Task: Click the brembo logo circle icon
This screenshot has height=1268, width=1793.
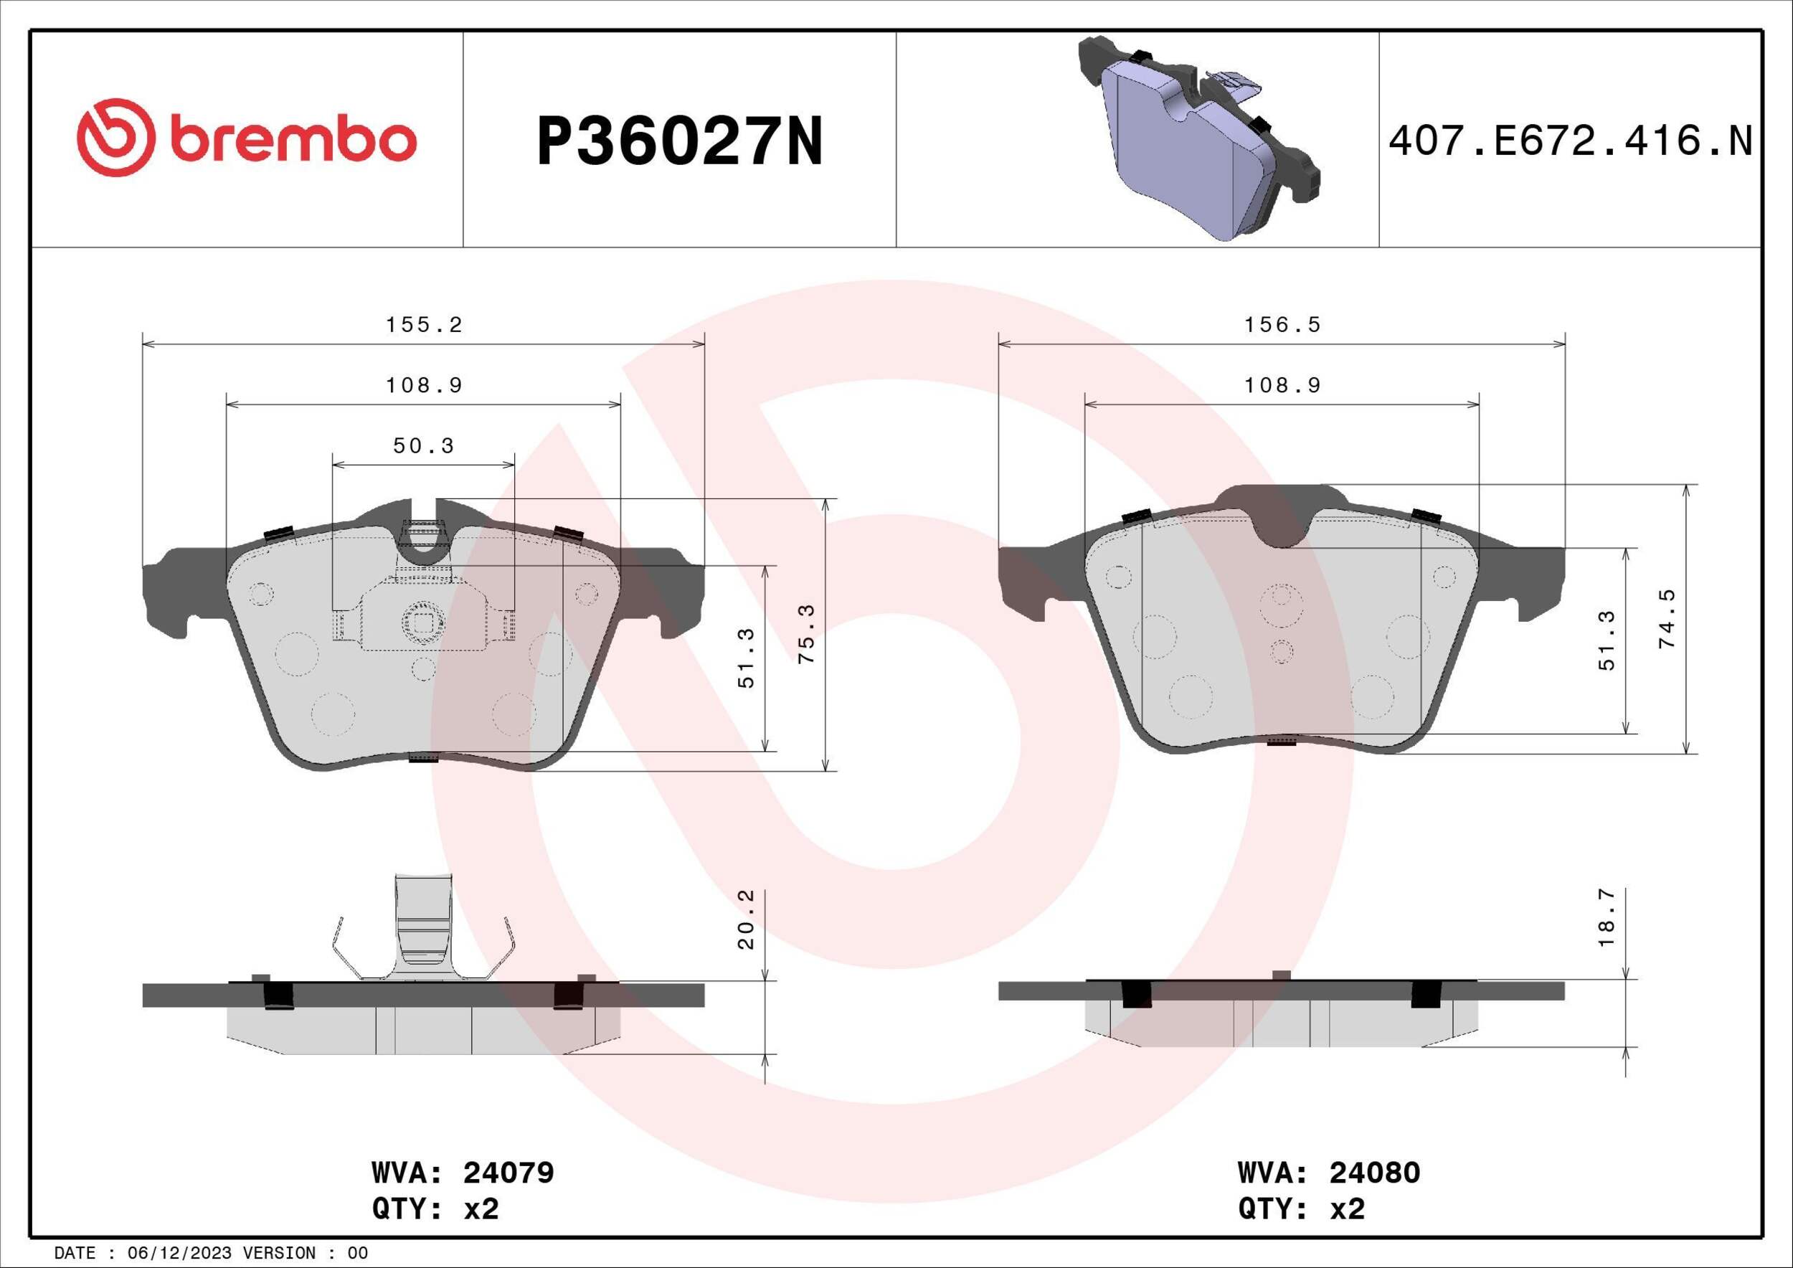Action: pyautogui.click(x=112, y=138)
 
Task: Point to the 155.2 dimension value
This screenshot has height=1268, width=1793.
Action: pyautogui.click(x=424, y=325)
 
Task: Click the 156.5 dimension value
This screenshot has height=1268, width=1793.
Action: pyautogui.click(x=1282, y=325)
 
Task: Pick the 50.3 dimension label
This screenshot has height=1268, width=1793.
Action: pyautogui.click(x=423, y=446)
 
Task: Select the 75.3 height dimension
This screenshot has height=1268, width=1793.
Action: pyautogui.click(x=808, y=634)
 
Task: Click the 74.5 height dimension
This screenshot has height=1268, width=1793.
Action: pyautogui.click(x=1667, y=618)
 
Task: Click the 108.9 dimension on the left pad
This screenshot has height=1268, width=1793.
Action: pyautogui.click(x=424, y=386)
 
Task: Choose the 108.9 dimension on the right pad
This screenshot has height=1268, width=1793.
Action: pyautogui.click(x=1282, y=386)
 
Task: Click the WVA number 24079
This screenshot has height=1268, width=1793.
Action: pyautogui.click(x=508, y=1173)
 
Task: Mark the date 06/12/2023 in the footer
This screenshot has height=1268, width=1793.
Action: pyautogui.click(x=174, y=1253)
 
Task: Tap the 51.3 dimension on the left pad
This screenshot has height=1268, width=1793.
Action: pyautogui.click(x=747, y=658)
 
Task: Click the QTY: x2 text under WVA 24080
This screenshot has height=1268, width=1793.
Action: pyautogui.click(x=1301, y=1209)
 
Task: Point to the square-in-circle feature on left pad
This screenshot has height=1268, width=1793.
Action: pyautogui.click(x=422, y=623)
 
